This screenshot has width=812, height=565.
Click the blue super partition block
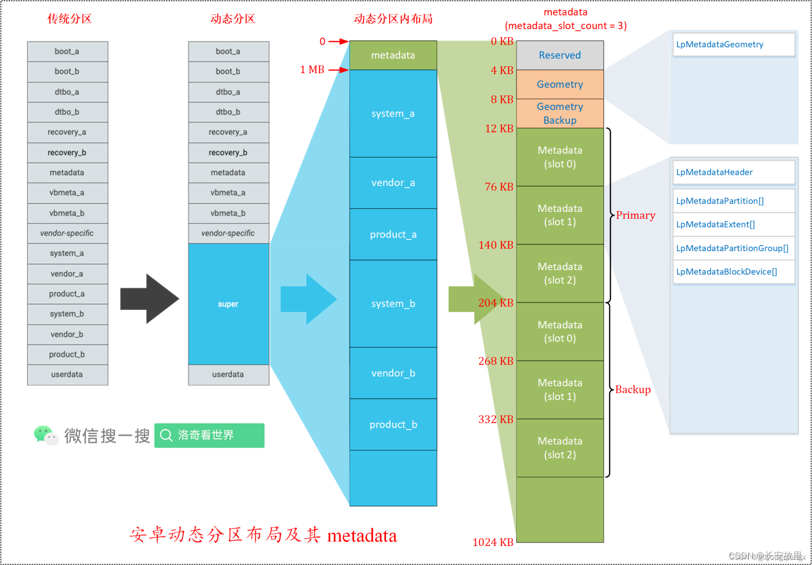coord(229,304)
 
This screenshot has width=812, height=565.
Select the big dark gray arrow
coord(149,299)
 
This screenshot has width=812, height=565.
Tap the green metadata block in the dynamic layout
coord(393,55)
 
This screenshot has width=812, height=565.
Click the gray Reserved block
coord(560,55)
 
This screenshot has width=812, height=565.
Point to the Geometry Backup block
coord(560,113)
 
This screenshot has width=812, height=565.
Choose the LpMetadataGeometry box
coord(734,45)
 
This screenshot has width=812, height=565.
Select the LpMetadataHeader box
coord(734,172)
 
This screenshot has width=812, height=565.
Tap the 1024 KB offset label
coord(493,542)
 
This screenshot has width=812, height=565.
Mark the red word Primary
coord(636,215)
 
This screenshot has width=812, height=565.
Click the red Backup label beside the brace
coord(633,390)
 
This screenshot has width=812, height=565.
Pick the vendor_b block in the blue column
coord(393,373)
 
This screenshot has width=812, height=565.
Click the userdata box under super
coord(229,374)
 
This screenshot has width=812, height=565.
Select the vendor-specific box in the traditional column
coord(67,233)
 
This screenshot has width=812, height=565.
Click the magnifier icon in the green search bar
coord(166,435)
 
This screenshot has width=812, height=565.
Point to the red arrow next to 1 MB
coord(339,70)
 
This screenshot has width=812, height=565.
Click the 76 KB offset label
coord(499,186)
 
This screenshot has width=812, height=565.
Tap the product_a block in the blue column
coord(393,234)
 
